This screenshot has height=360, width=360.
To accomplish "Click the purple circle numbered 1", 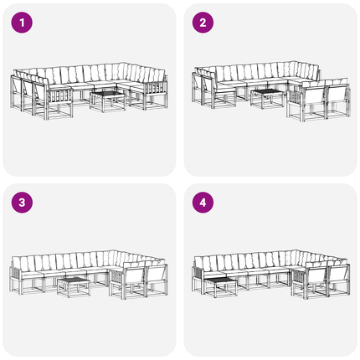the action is pos(22,23).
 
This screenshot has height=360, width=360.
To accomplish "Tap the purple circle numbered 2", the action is pos(203,23).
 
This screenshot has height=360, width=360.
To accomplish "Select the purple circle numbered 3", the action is pos(22,203).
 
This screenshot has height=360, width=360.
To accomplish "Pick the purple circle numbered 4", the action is pos(203,203).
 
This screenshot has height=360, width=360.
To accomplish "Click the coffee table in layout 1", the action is pos(108,101).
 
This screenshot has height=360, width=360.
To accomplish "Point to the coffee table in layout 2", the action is pos(267,99).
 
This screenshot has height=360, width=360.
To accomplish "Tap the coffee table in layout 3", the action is pos(74,287).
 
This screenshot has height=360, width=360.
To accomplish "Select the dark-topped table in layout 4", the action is pos(220,287).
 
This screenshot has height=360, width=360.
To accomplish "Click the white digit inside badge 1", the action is pos(22,23).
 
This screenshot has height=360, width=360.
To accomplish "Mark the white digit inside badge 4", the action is pos(203,203).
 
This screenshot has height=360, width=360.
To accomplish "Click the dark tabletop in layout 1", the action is pos(107,94).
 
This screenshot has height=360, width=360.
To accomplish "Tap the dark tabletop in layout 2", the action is pos(267,91).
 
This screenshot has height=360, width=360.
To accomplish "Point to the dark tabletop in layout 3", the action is pos(74,280).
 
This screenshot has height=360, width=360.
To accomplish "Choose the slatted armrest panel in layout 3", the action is pos(117,277).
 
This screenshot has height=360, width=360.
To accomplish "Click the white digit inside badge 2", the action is pos(203,23).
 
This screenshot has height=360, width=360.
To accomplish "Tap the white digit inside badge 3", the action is pos(22,203).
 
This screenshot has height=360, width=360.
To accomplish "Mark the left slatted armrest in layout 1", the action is pos(59,96).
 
